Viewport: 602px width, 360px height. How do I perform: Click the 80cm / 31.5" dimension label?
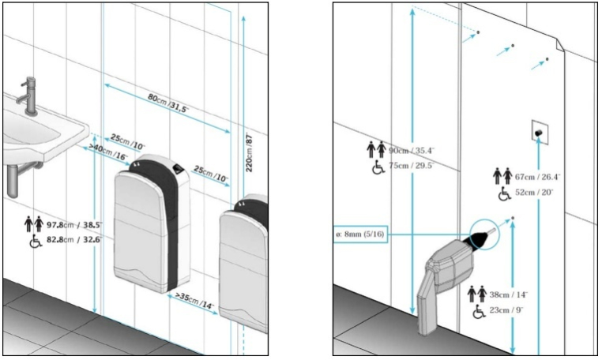pyautogui.click(x=168, y=103)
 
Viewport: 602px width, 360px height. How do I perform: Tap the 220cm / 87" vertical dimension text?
pyautogui.click(x=249, y=152)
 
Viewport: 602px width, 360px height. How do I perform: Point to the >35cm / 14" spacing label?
pyautogui.click(x=194, y=301)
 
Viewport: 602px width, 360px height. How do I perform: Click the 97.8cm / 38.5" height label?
pyautogui.click(x=74, y=225)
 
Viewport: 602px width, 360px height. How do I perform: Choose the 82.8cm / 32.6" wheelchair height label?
pyautogui.click(x=74, y=240)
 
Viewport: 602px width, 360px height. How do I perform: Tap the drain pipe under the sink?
pyautogui.click(x=13, y=180)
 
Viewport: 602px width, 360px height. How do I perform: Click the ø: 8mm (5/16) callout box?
pyautogui.click(x=360, y=234)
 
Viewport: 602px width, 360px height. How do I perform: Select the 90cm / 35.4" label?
pyautogui.click(x=411, y=151)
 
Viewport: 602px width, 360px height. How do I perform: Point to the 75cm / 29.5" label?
pyautogui.click(x=411, y=166)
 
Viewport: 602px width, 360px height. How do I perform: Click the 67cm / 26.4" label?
pyautogui.click(x=537, y=177)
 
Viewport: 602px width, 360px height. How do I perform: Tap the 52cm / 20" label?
pyautogui.click(x=533, y=192)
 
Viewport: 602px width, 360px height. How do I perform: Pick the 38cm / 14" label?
pyautogui.click(x=508, y=294)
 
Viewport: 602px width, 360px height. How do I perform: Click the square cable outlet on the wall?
pyautogui.click(x=540, y=133)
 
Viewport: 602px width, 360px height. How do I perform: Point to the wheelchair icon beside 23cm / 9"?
pyautogui.click(x=479, y=311)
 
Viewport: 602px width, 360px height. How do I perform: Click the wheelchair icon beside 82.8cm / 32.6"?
pyautogui.click(x=36, y=241)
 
